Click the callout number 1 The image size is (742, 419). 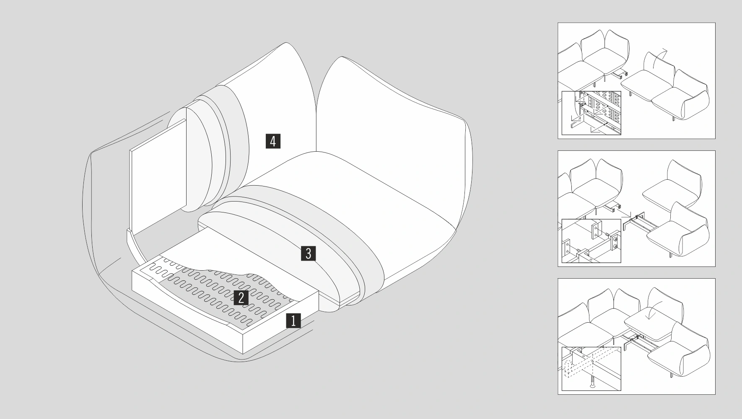click(x=293, y=321)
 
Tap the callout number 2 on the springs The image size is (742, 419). click(x=241, y=297)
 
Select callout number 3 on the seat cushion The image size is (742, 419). click(x=308, y=253)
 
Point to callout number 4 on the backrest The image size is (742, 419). click(x=273, y=141)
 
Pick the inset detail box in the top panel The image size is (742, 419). click(x=591, y=113)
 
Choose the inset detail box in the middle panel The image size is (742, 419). click(x=591, y=241)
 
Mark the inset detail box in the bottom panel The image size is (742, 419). click(x=591, y=369)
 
